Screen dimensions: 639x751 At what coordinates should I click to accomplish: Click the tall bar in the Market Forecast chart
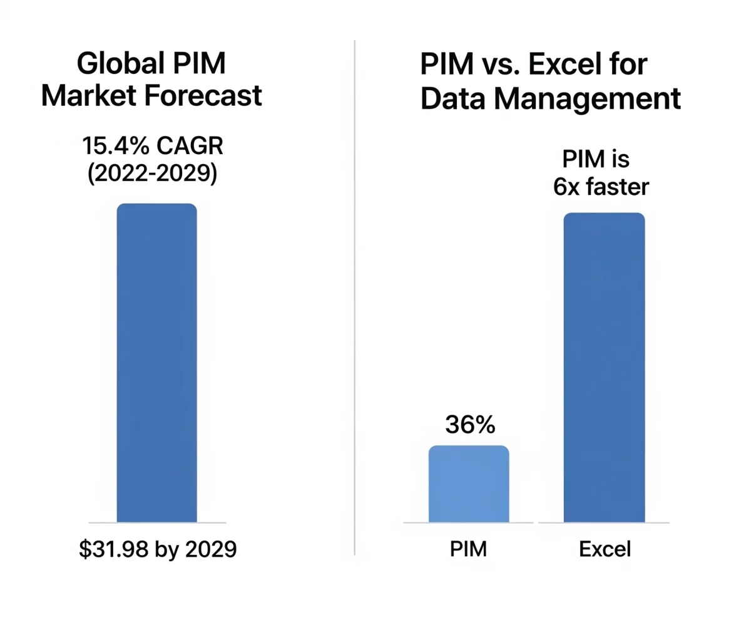pos(157,363)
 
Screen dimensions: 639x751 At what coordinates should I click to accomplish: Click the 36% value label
pos(470,425)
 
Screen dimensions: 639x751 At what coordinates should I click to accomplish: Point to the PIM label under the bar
pos(468,549)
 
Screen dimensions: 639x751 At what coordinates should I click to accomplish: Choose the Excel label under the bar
pos(605,549)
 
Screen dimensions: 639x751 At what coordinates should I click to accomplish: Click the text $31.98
pos(114,549)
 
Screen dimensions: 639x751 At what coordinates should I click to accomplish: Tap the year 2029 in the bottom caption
pos(211,549)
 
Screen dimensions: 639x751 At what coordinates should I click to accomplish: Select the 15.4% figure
pos(116,146)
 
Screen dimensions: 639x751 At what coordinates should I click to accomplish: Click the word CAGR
pos(190,146)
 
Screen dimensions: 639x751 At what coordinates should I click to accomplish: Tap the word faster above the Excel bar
pos(618,187)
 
